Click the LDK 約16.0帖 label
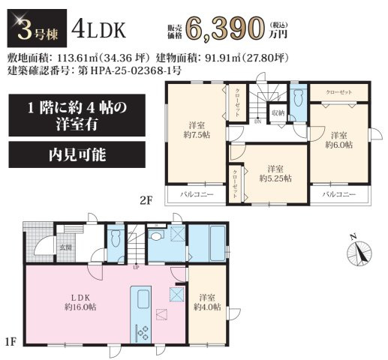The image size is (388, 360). (77, 300)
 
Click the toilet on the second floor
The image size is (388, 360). (297, 98)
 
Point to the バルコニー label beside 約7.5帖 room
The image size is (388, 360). (197, 194)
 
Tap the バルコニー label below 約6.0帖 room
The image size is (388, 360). (338, 194)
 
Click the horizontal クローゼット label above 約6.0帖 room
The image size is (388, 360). (340, 91)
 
